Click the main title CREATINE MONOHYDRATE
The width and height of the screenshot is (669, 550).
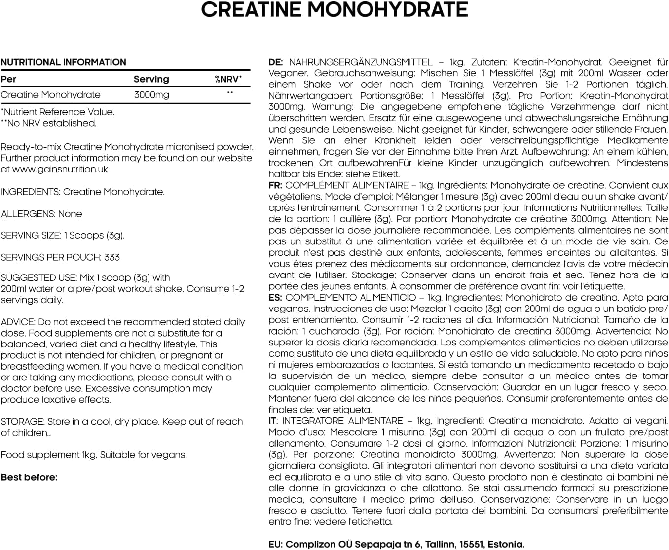click(x=334, y=10)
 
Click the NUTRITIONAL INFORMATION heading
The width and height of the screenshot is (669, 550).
click(x=64, y=62)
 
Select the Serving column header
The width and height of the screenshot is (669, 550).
click(x=151, y=79)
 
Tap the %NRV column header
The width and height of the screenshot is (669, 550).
click(x=228, y=79)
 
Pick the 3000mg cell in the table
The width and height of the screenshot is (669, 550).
click(x=151, y=95)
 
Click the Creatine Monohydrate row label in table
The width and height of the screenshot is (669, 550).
click(x=50, y=95)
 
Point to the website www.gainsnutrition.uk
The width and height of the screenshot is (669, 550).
click(x=60, y=169)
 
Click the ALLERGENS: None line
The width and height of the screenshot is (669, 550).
click(x=41, y=214)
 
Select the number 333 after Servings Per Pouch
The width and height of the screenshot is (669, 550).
click(x=112, y=257)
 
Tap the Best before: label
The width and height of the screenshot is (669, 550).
click(x=29, y=477)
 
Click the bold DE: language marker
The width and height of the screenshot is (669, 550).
click(x=276, y=62)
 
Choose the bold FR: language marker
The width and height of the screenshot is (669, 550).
click(x=275, y=185)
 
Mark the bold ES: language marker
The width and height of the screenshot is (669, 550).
click(x=275, y=298)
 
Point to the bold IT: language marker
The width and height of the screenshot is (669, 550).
click(x=272, y=421)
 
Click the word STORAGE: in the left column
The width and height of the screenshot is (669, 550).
click(x=23, y=422)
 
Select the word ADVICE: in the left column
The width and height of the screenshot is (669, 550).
click(x=18, y=322)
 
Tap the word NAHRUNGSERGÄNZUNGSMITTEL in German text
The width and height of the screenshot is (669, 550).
click(x=361, y=62)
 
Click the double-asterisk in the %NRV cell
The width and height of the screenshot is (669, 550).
click(x=229, y=93)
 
